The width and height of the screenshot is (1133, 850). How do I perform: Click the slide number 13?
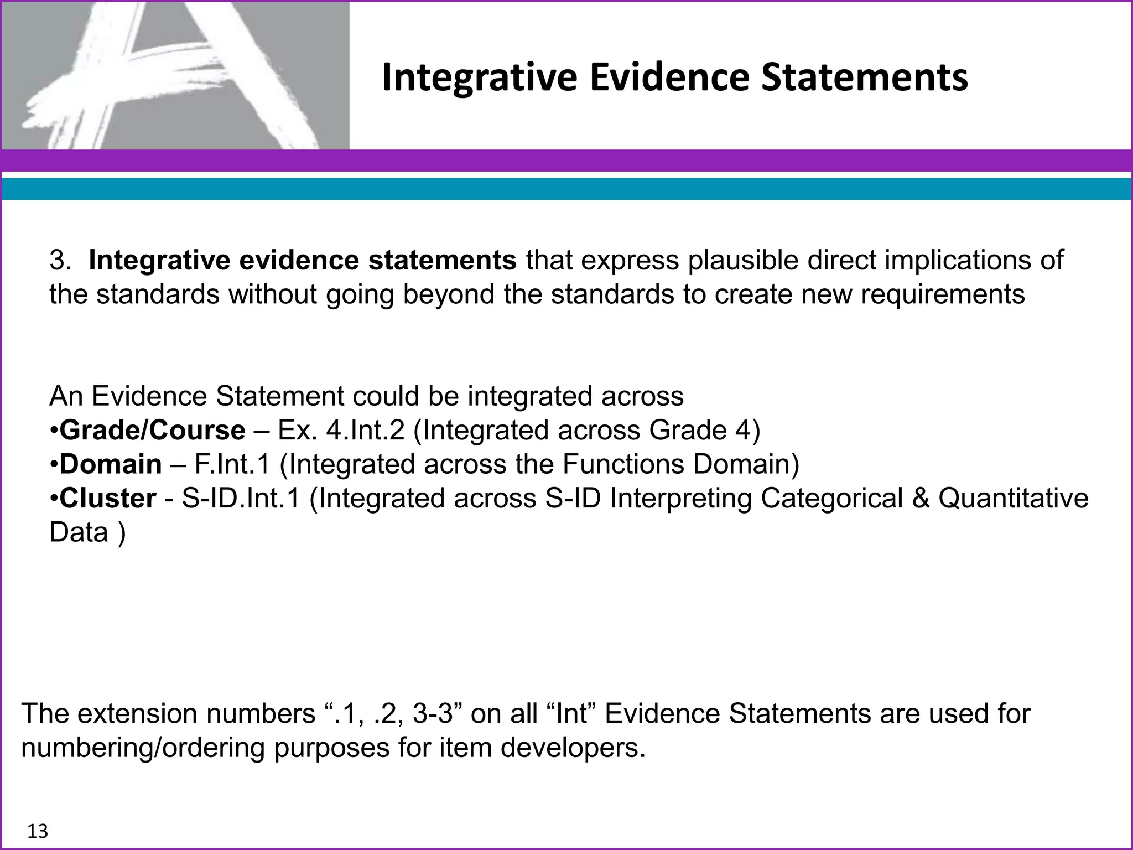38,831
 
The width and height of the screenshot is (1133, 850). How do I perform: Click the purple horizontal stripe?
566,161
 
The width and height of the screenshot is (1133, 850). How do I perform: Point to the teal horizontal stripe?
566,189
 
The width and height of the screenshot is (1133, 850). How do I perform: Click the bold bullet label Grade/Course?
152,430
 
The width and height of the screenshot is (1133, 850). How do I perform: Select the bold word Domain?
111,464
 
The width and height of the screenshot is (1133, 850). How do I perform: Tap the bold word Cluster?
108,498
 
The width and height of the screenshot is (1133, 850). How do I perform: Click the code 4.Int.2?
365,430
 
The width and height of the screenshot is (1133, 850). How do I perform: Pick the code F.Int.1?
232,464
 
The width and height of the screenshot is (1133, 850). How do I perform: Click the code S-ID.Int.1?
241,498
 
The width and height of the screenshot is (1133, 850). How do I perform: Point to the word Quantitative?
1013,498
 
